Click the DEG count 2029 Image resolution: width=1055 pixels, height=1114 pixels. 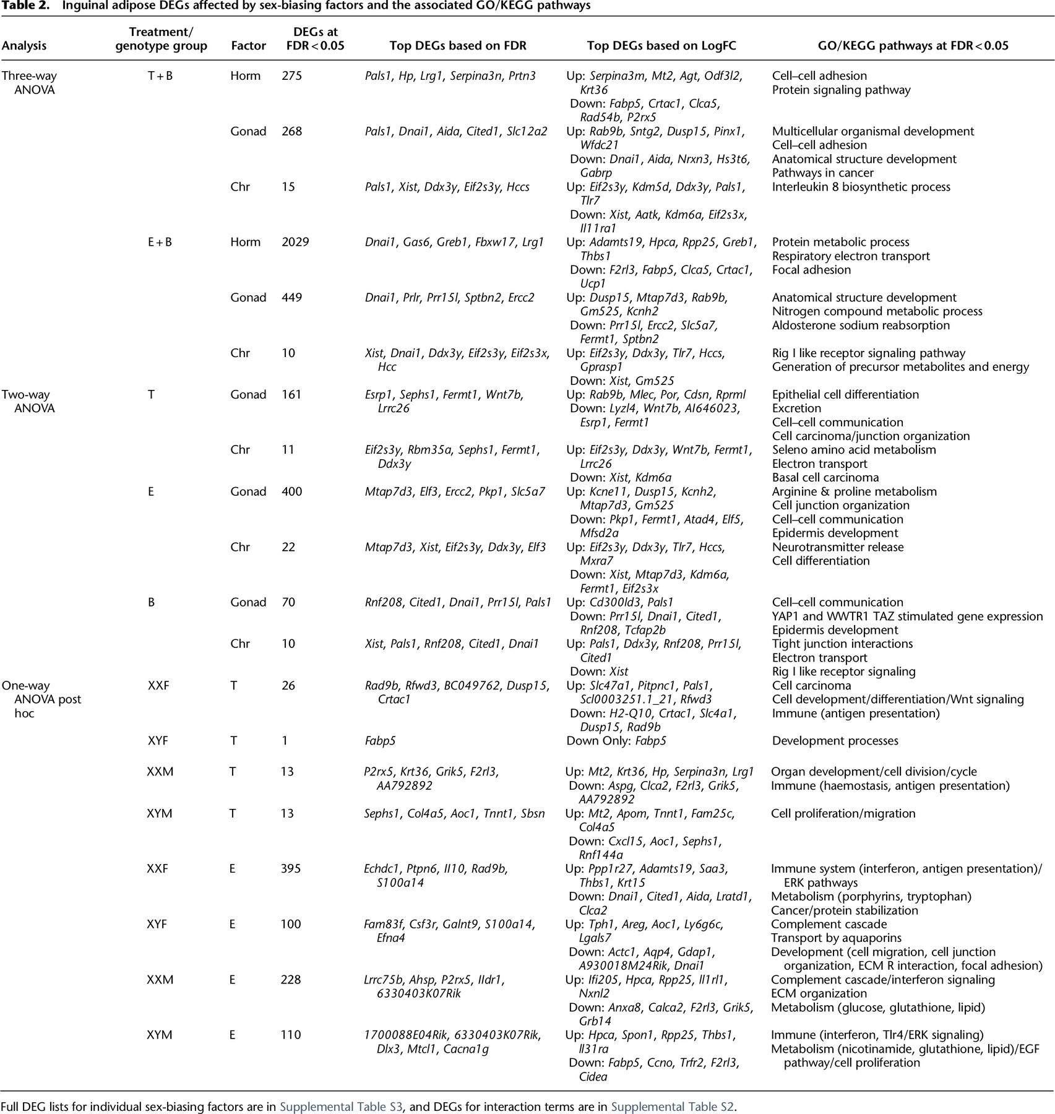pos(295,242)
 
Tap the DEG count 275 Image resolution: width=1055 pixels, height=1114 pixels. pos(291,76)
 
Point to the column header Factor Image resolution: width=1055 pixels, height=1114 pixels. pos(248,45)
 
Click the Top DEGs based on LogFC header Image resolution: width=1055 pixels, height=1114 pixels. pos(661,45)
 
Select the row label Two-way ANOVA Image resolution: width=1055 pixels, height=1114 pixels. pos(28,401)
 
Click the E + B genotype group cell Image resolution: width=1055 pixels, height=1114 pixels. pos(160,242)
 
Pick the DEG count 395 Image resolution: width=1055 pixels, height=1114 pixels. pos(291,868)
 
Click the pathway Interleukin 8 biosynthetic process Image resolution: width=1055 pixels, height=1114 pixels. pos(861,187)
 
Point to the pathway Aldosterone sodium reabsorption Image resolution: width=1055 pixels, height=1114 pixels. pos(861,325)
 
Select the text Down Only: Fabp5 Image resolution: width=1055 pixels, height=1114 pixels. pos(616,741)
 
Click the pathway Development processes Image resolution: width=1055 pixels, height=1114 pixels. pos(835,741)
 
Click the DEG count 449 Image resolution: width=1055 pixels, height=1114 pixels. pos(291,298)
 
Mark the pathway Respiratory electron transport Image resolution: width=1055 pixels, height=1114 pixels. pos(851,256)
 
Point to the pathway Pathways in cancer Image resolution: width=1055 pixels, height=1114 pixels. pos(822,173)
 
